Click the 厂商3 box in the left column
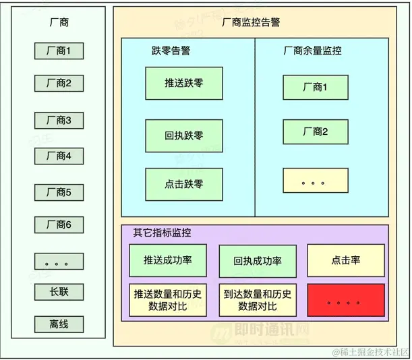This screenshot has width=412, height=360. (x=59, y=121)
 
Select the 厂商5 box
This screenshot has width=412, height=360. (x=59, y=193)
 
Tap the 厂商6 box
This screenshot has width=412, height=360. (x=59, y=224)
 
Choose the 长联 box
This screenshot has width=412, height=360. (x=59, y=292)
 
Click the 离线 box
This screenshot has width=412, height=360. (x=59, y=324)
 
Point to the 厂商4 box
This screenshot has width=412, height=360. (x=59, y=156)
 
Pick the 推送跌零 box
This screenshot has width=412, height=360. (x=184, y=84)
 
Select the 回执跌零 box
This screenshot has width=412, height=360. (x=184, y=135)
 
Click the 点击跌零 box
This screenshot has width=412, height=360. (x=184, y=183)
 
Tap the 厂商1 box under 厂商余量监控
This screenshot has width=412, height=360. (x=316, y=87)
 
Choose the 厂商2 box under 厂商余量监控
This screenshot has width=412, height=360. (x=316, y=131)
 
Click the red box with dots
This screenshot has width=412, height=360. (x=346, y=301)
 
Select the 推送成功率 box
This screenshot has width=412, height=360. (x=168, y=260)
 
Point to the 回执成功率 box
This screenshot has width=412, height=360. (x=258, y=261)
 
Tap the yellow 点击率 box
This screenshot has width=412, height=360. (x=346, y=260)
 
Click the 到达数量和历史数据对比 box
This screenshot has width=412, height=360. (x=258, y=301)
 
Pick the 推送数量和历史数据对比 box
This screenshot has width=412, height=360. (x=168, y=301)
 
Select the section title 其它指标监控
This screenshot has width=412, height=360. (x=162, y=233)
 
